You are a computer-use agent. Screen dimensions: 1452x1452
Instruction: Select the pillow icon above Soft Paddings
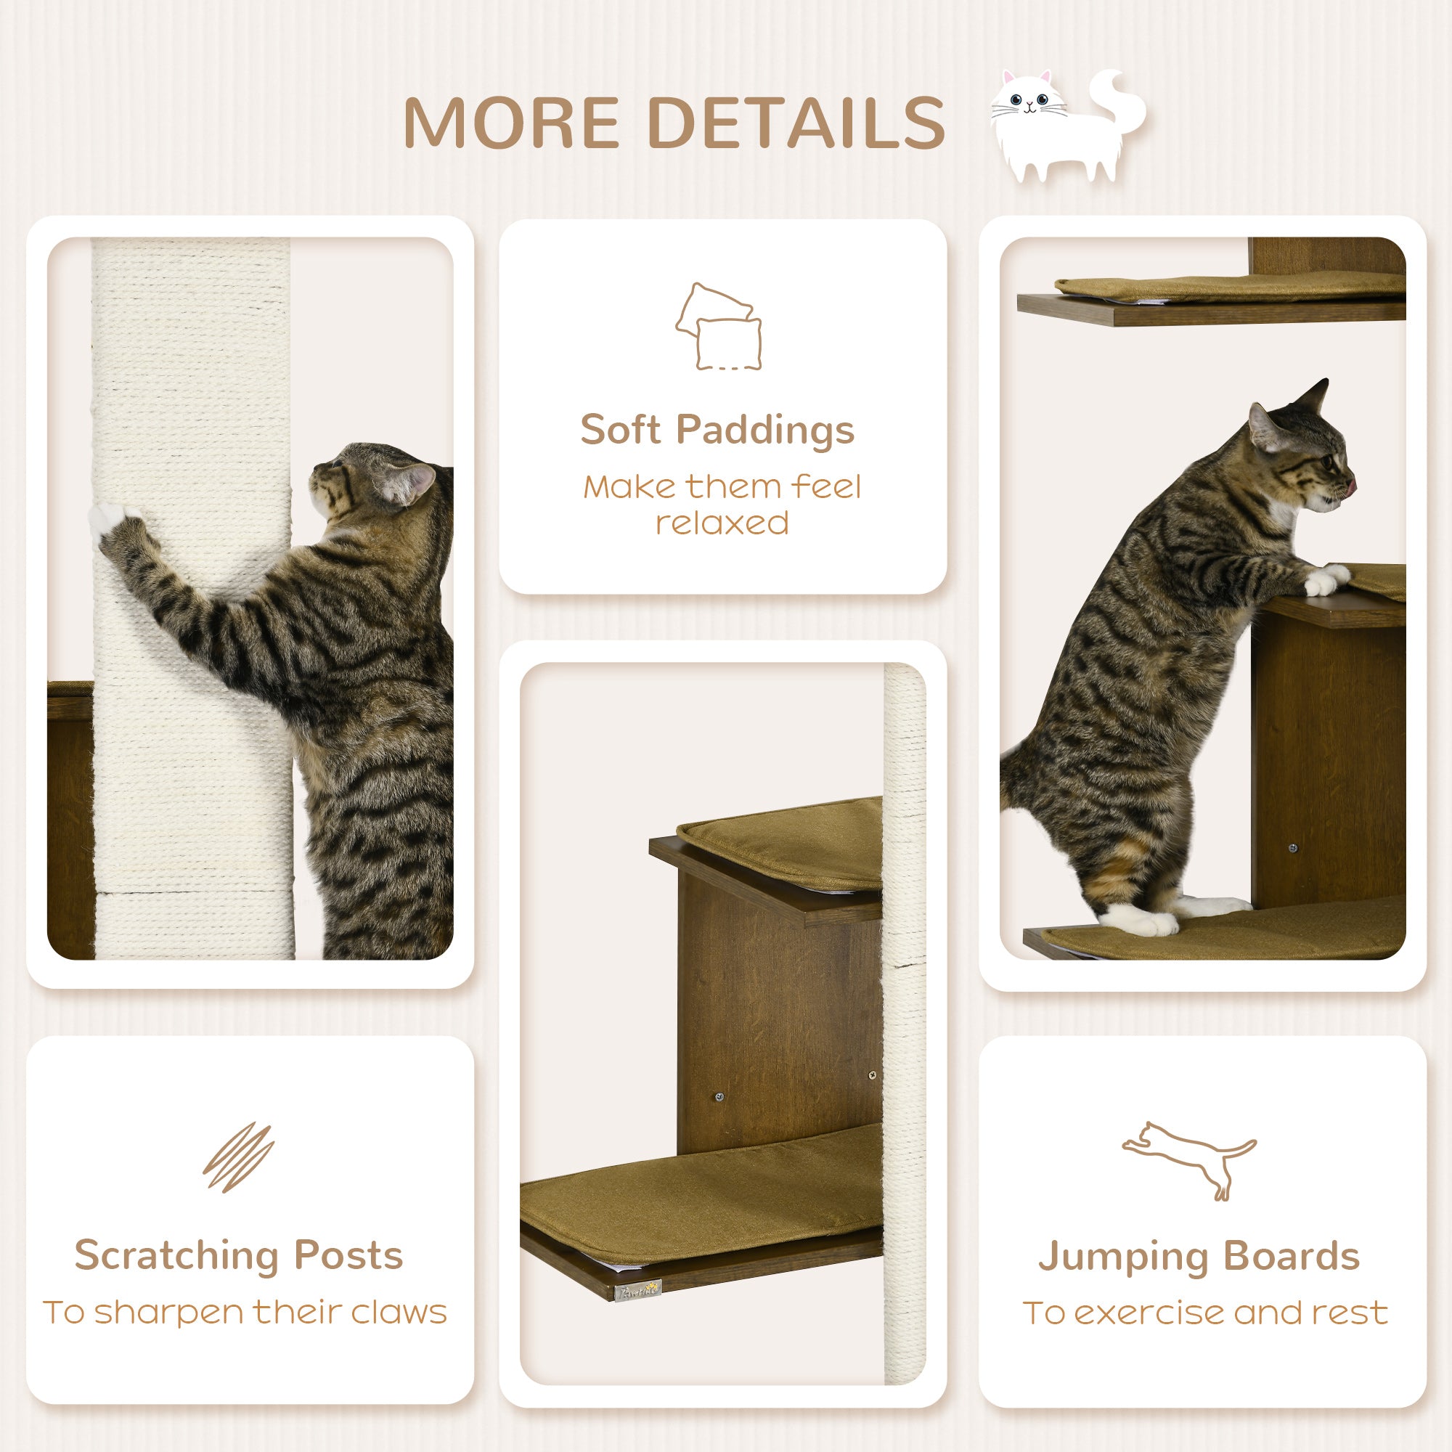[x=719, y=327]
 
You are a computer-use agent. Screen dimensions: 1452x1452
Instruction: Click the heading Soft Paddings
[x=717, y=430]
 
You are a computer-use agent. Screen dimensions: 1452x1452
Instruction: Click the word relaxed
[x=722, y=523]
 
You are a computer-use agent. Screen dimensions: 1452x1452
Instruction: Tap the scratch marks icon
[x=238, y=1157]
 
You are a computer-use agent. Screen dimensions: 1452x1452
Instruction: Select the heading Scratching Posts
[x=239, y=1255]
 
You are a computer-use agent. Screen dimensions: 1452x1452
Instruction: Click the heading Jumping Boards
[x=1199, y=1256]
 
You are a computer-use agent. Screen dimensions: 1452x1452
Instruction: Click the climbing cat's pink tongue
[x=1351, y=488]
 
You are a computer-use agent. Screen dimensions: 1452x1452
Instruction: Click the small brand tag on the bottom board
[x=638, y=1290]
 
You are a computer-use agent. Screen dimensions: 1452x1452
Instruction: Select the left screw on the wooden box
[x=719, y=1097]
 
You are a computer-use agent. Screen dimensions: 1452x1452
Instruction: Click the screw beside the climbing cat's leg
[x=1293, y=849]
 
